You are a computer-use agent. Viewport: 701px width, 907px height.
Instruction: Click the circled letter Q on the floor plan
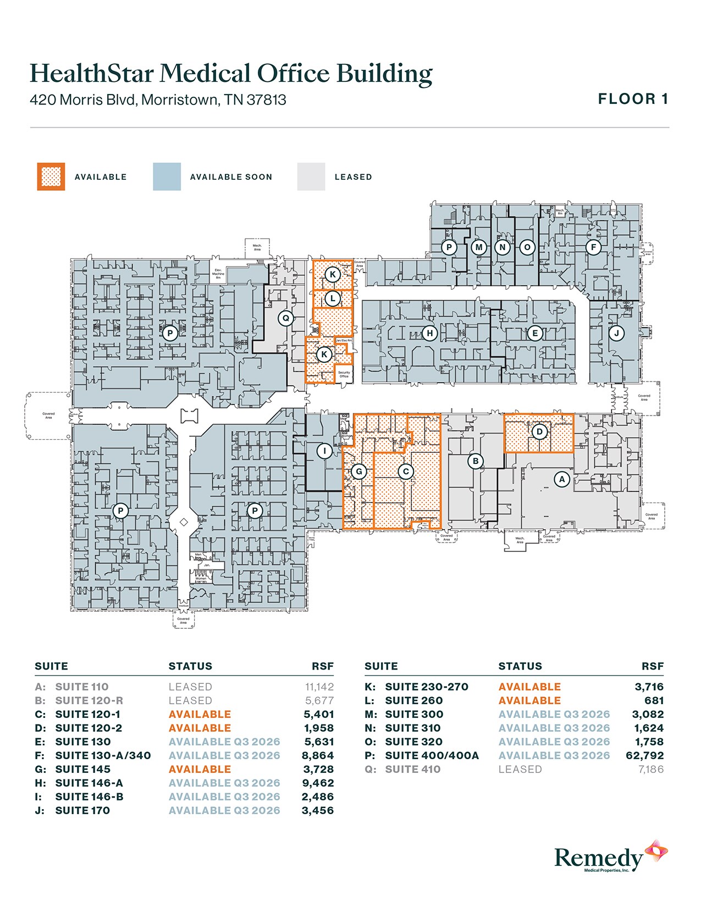tap(286, 318)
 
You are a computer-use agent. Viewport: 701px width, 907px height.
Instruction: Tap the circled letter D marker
tap(539, 432)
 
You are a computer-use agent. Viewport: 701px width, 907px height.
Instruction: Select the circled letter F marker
tap(593, 247)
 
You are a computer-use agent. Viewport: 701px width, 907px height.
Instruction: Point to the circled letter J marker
tap(616, 333)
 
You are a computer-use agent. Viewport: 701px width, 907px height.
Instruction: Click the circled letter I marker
tap(324, 451)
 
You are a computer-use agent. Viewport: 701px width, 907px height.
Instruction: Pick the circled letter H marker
tap(430, 333)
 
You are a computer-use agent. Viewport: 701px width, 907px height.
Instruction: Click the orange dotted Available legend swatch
tap(51, 177)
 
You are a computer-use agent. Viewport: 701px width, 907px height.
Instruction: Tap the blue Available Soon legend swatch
tap(167, 177)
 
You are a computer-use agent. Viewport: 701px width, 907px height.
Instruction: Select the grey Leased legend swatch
tap(311, 177)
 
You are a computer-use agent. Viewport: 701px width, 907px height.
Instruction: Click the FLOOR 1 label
tap(633, 99)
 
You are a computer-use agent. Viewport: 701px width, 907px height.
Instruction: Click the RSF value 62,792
tap(644, 755)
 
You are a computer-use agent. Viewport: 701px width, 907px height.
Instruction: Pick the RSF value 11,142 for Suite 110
tap(319, 687)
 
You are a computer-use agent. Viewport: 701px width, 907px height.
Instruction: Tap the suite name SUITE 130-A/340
tap(103, 755)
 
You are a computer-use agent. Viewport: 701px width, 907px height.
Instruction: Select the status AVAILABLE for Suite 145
tap(200, 769)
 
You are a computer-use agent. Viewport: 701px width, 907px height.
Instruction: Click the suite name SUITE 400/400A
tap(432, 755)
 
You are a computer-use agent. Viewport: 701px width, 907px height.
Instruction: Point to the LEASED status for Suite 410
tap(520, 769)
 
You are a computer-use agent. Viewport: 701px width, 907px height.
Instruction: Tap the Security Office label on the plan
tap(344, 374)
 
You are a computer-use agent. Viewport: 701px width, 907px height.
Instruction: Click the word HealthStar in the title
tap(93, 74)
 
